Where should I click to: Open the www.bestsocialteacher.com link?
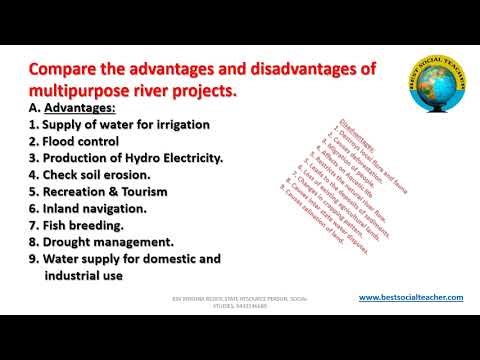click(x=410, y=297)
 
